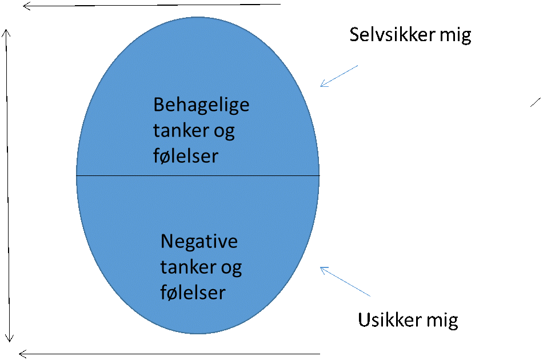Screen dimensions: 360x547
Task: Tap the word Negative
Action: pyautogui.click(x=199, y=241)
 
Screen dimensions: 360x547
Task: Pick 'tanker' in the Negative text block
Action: pyautogui.click(x=186, y=267)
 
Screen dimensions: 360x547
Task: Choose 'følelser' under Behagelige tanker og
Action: pyautogui.click(x=186, y=156)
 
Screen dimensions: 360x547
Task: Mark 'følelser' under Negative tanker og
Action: pyautogui.click(x=193, y=292)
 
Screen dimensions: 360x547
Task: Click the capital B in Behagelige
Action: pyautogui.click(x=159, y=105)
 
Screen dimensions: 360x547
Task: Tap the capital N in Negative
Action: pyautogui.click(x=167, y=241)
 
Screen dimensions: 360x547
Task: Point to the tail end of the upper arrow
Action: pyautogui.click(x=357, y=66)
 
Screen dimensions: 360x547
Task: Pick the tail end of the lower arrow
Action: pyautogui.click(x=370, y=296)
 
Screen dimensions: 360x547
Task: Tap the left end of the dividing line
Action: pyautogui.click(x=77, y=175)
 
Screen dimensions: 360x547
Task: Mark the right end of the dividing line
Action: pyautogui.click(x=318, y=175)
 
